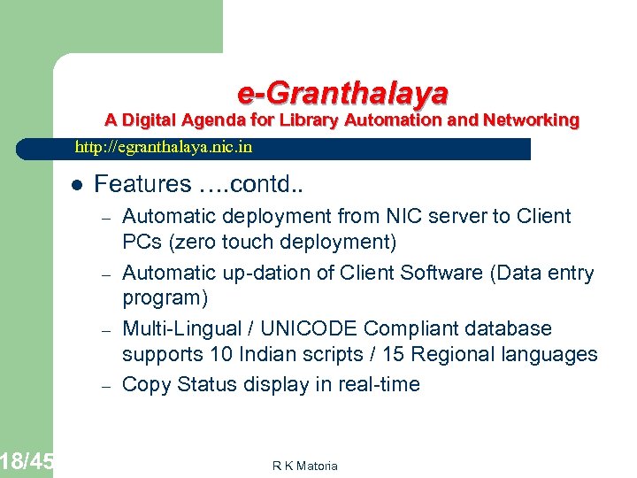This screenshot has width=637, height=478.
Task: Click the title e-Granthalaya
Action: (x=342, y=92)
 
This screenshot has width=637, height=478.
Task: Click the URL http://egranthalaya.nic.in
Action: (x=164, y=147)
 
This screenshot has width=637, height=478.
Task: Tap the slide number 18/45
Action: (x=27, y=461)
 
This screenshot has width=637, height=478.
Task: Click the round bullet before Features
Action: (x=76, y=185)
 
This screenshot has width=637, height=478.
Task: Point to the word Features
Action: (x=142, y=184)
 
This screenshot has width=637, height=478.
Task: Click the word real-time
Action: (x=379, y=384)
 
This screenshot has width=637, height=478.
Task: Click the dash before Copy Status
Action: (x=104, y=385)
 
